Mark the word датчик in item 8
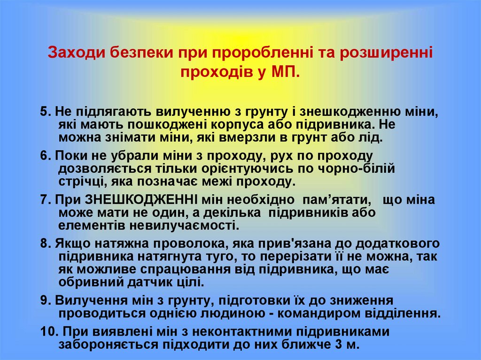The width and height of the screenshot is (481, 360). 143,283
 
